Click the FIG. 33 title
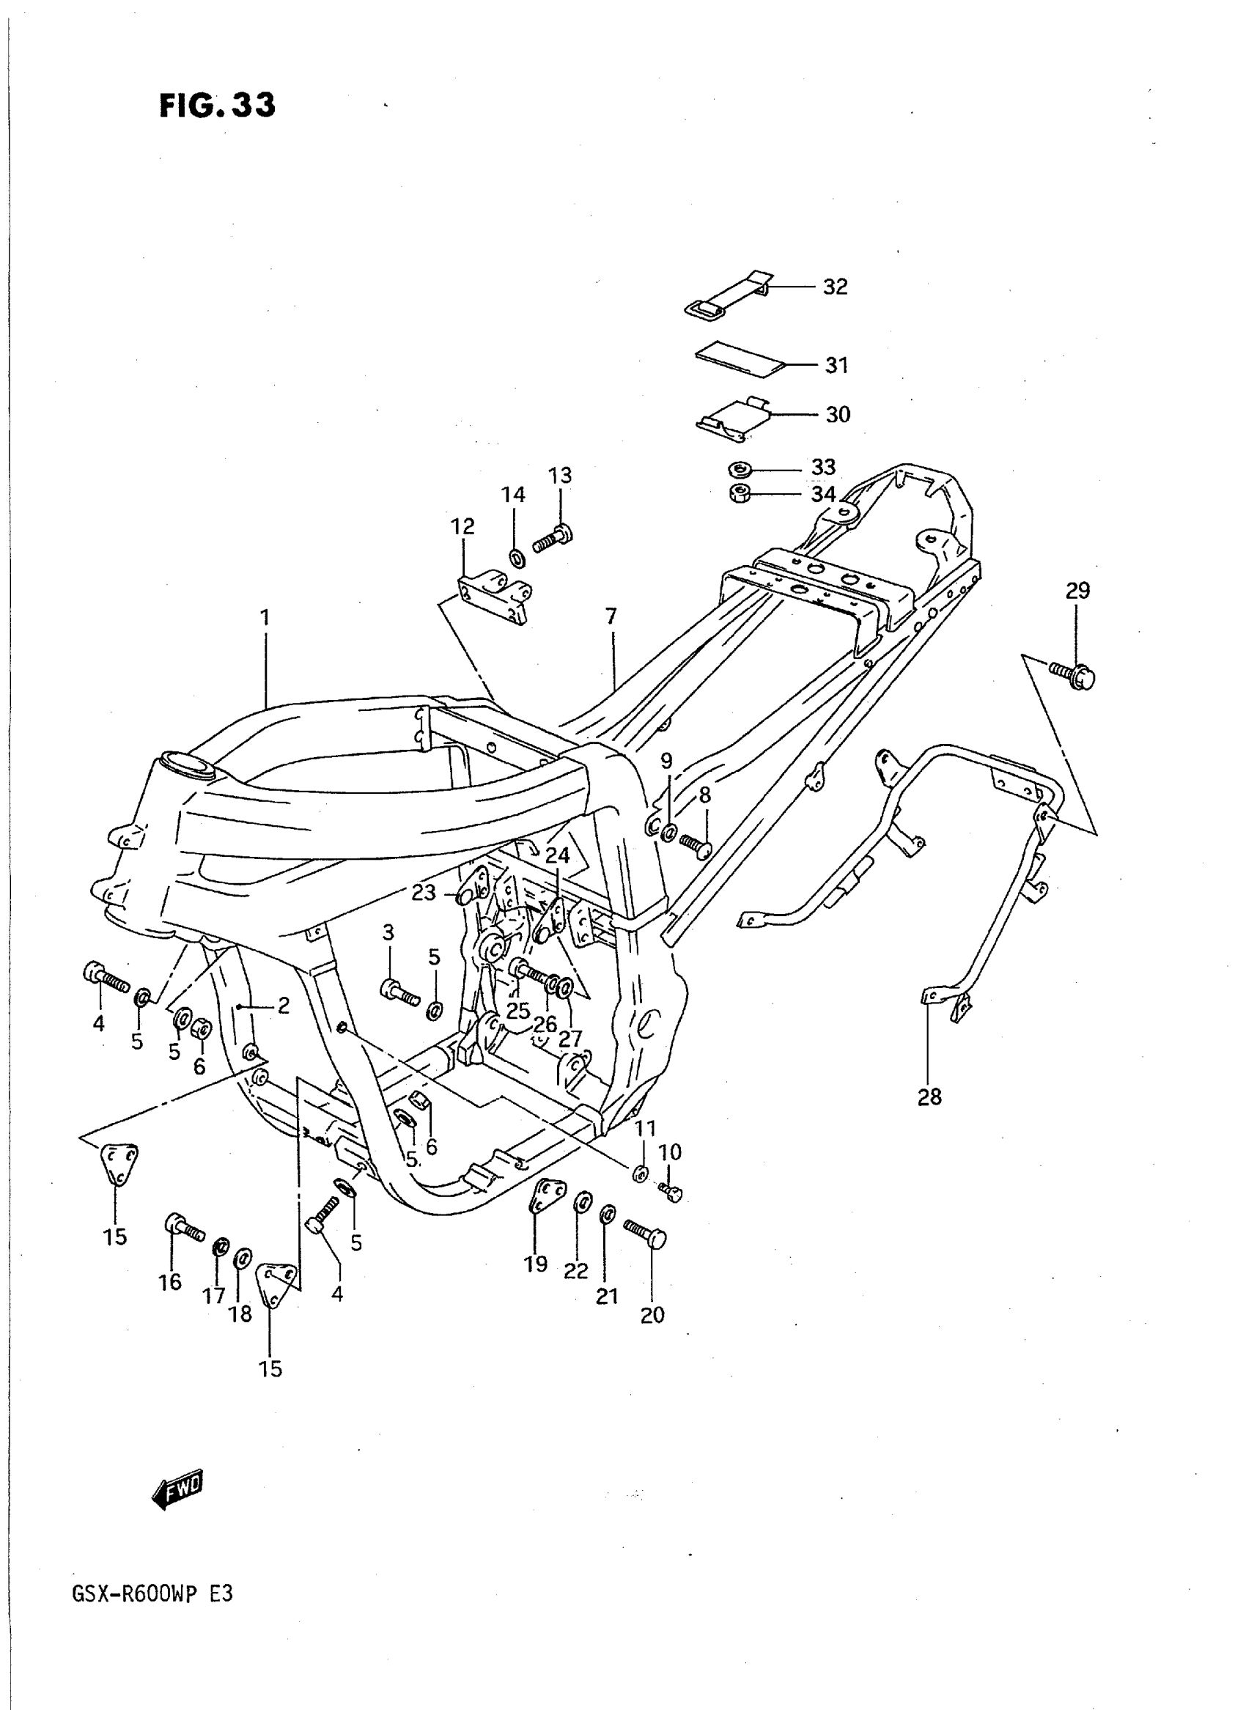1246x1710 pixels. (217, 106)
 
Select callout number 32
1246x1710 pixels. (834, 287)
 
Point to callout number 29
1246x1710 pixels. (1077, 591)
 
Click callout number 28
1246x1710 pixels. (929, 1097)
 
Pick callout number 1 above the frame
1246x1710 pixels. (265, 618)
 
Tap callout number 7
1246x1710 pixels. (611, 616)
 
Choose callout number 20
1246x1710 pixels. (652, 1315)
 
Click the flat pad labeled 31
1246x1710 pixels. (739, 361)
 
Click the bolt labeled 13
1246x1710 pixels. (553, 539)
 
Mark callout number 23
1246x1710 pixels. (424, 892)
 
